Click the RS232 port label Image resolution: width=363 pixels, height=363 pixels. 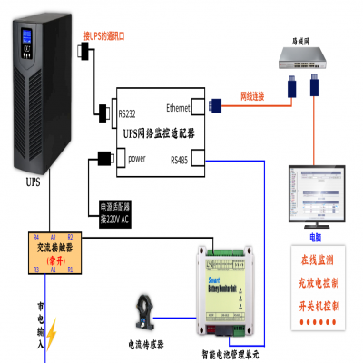coord(129,114)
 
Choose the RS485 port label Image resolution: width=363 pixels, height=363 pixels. coord(181,159)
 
